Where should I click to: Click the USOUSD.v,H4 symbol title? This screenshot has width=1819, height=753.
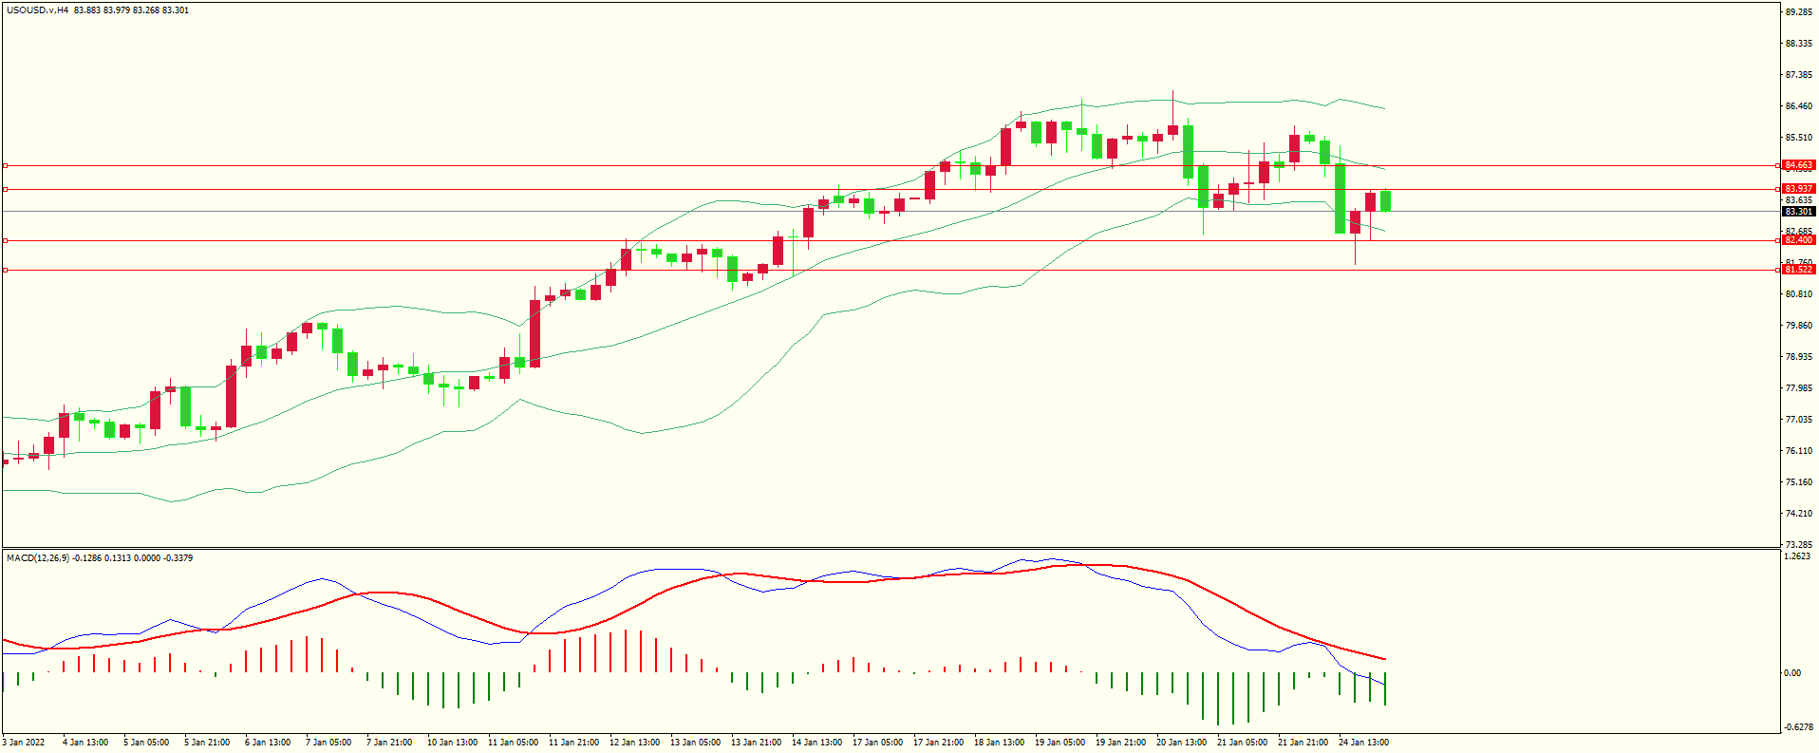tap(38, 10)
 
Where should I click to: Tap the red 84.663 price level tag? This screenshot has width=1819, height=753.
tap(1798, 165)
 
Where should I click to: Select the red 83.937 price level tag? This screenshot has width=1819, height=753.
tap(1798, 189)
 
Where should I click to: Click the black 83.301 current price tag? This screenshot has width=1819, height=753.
tap(1798, 212)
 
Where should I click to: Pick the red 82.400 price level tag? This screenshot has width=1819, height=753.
tap(1798, 240)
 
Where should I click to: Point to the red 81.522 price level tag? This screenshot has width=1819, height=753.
tap(1798, 270)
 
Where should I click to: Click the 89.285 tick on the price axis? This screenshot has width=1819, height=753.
tap(1798, 12)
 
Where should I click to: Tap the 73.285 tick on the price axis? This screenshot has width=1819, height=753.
tap(1798, 545)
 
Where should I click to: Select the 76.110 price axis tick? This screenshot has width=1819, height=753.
tap(1798, 451)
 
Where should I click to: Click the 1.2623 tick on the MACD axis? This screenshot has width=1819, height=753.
tap(1797, 557)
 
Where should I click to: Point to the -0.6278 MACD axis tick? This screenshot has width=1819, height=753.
tap(1797, 727)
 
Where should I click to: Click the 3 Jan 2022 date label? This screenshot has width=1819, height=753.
tap(24, 743)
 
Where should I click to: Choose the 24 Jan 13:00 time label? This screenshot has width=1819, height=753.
tap(1363, 743)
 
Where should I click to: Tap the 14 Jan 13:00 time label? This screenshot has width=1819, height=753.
tap(816, 743)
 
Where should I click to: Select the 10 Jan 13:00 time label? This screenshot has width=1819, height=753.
tap(452, 743)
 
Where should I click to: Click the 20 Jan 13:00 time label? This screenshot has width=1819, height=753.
tap(1181, 743)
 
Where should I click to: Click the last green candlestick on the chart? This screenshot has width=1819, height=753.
tap(1386, 201)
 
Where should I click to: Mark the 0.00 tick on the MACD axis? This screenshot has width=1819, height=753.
tap(1791, 673)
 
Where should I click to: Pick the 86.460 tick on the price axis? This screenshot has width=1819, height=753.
tap(1798, 106)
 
